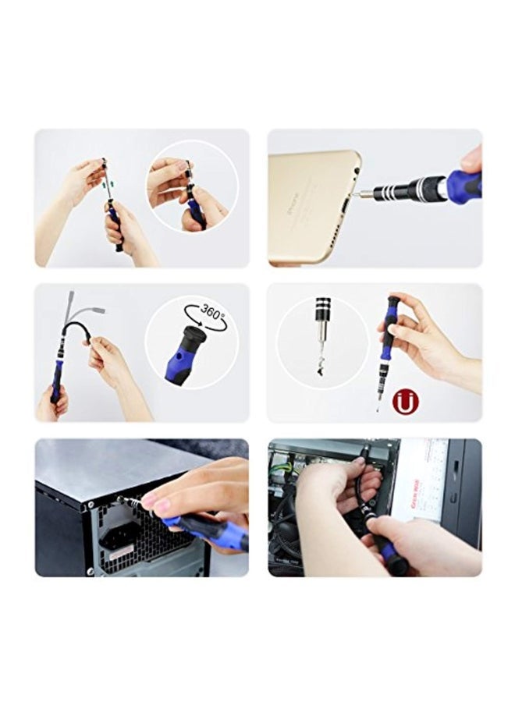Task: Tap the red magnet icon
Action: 407,402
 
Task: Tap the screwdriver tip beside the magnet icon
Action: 378,405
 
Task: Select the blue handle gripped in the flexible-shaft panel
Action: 57,386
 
